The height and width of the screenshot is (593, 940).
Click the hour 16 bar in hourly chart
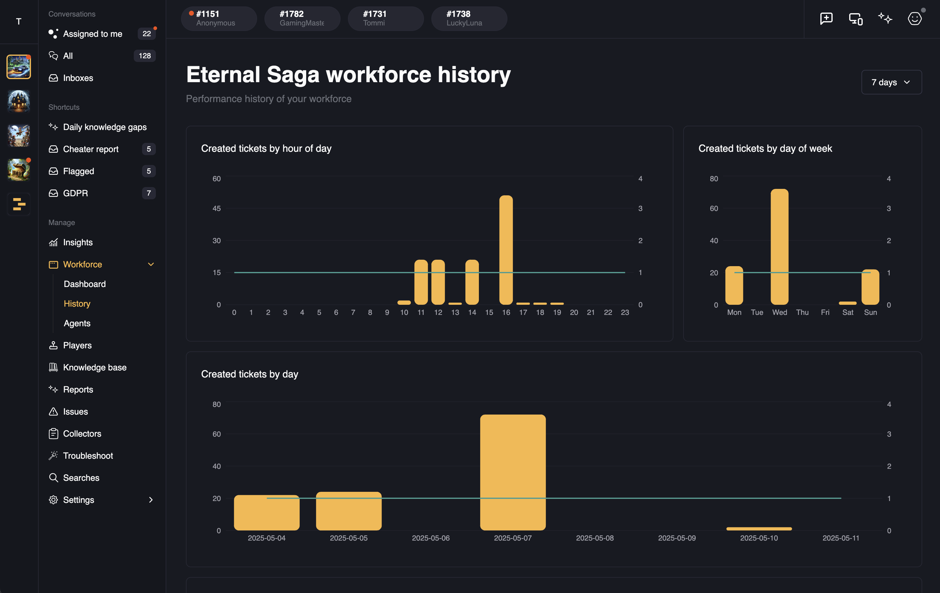point(506,250)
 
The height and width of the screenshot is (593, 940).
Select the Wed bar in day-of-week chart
point(779,247)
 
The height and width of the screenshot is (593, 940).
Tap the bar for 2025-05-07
point(513,472)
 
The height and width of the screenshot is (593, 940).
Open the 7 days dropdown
point(891,82)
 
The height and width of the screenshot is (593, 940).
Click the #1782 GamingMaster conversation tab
point(302,18)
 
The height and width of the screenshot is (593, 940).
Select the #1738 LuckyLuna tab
point(468,18)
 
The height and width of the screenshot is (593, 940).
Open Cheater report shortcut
point(91,149)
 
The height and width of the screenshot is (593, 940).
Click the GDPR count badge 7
point(148,193)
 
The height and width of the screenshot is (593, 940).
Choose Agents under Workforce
point(77,323)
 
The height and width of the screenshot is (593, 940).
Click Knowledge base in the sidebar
point(94,368)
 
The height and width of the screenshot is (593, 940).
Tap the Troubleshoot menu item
point(88,456)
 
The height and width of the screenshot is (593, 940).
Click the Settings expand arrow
point(151,500)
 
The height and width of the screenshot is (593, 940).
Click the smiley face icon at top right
point(914,18)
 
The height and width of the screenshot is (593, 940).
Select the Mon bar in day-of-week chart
point(734,285)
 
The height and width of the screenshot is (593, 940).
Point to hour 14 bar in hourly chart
point(472,282)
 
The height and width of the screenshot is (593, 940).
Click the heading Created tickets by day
point(249,374)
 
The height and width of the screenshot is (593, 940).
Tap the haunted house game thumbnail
point(18,101)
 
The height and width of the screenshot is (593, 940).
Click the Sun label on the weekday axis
point(870,312)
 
